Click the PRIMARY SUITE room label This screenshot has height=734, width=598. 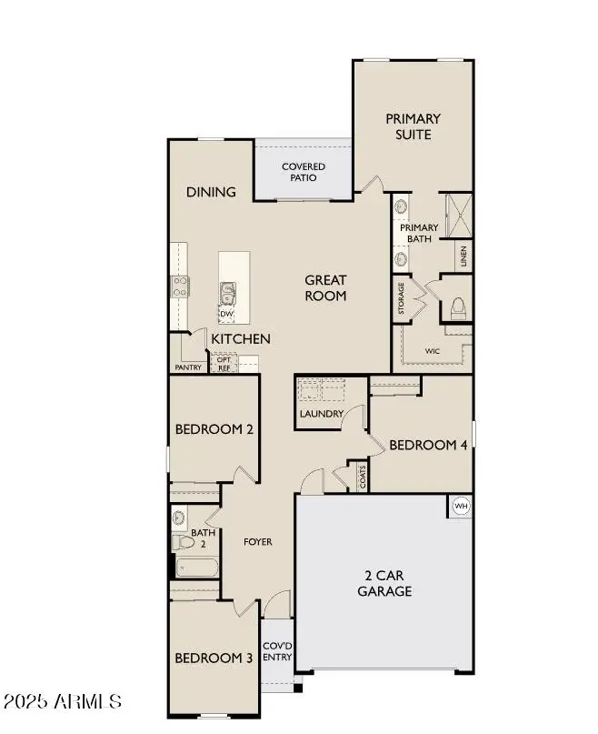[x=413, y=126]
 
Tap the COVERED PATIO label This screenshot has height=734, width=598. [x=303, y=172]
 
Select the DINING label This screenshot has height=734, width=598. [x=211, y=192]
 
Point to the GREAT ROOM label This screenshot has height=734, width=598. [x=325, y=287]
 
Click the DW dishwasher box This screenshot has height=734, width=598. [x=226, y=313]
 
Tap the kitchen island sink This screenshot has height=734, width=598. [x=226, y=292]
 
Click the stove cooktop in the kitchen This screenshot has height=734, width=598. [x=179, y=287]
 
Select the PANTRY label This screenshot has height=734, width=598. [x=188, y=367]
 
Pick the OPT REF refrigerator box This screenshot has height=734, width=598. [x=224, y=364]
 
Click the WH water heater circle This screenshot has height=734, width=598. [x=460, y=506]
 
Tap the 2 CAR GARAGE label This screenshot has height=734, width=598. [x=389, y=583]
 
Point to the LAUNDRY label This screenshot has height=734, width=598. [x=322, y=414]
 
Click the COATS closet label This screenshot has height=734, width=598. [x=362, y=477]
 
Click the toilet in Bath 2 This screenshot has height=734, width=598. [x=184, y=543]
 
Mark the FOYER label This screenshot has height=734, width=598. [x=257, y=542]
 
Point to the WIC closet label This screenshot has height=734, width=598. [x=433, y=350]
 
